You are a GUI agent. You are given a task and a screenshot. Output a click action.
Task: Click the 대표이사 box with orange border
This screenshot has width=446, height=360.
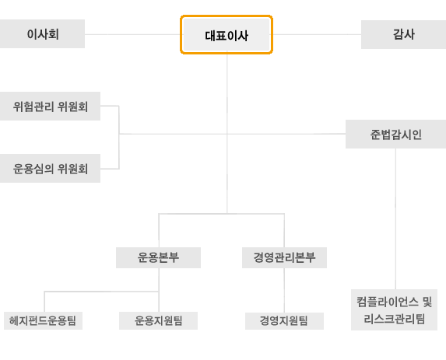point(227,35)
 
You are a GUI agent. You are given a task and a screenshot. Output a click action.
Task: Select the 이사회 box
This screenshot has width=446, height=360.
point(42,33)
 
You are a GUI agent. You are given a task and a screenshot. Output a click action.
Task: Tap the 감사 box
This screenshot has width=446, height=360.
point(404,34)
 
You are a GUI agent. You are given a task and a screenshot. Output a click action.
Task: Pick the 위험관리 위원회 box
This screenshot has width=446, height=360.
point(50,106)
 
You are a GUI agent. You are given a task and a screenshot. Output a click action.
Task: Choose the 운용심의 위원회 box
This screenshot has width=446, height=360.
point(50,168)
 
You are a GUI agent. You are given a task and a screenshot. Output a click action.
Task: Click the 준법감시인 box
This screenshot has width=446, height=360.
point(395,134)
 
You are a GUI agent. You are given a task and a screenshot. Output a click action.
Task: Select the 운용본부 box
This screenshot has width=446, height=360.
point(158,257)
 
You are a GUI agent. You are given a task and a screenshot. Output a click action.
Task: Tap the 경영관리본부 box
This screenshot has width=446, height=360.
point(284,257)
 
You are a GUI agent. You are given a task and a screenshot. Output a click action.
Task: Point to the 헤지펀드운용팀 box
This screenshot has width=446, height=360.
point(43,321)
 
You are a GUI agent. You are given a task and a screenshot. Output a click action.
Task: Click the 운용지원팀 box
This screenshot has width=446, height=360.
point(158,321)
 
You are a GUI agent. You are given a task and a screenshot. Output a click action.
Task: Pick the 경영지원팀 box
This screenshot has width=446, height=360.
point(284,321)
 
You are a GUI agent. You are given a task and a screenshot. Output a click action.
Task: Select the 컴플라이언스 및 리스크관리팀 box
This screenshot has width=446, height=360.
point(394,309)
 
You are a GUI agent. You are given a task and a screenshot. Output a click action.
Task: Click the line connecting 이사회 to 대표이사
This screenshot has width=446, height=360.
point(132,34)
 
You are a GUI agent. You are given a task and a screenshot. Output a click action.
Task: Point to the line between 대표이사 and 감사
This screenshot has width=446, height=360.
point(317,35)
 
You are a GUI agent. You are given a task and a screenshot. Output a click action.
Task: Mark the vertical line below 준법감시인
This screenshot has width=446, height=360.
point(395,218)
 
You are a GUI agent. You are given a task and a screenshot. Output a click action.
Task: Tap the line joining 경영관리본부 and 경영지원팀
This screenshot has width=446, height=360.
point(284,290)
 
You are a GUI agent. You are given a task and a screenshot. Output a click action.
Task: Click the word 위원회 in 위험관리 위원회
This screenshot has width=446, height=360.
point(73,107)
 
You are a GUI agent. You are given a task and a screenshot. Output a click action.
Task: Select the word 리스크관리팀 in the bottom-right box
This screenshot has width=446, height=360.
point(394,319)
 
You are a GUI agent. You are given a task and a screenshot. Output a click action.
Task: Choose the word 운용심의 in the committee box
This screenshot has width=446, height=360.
point(33,169)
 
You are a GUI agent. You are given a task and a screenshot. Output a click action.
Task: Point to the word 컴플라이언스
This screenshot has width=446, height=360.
point(388,302)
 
